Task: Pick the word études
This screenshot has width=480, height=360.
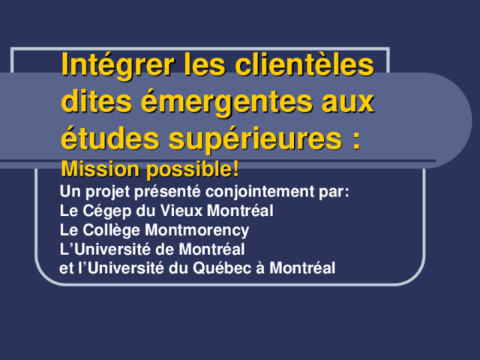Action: [110, 137]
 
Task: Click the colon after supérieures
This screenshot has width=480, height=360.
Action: [356, 141]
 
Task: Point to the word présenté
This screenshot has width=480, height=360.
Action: [167, 192]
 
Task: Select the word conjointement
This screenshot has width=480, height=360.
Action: [260, 192]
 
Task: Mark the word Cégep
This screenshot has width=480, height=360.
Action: [106, 211]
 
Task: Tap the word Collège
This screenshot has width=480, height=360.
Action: [112, 230]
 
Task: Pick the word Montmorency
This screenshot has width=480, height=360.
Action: [196, 231]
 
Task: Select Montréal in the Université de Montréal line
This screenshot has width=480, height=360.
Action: [211, 249]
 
